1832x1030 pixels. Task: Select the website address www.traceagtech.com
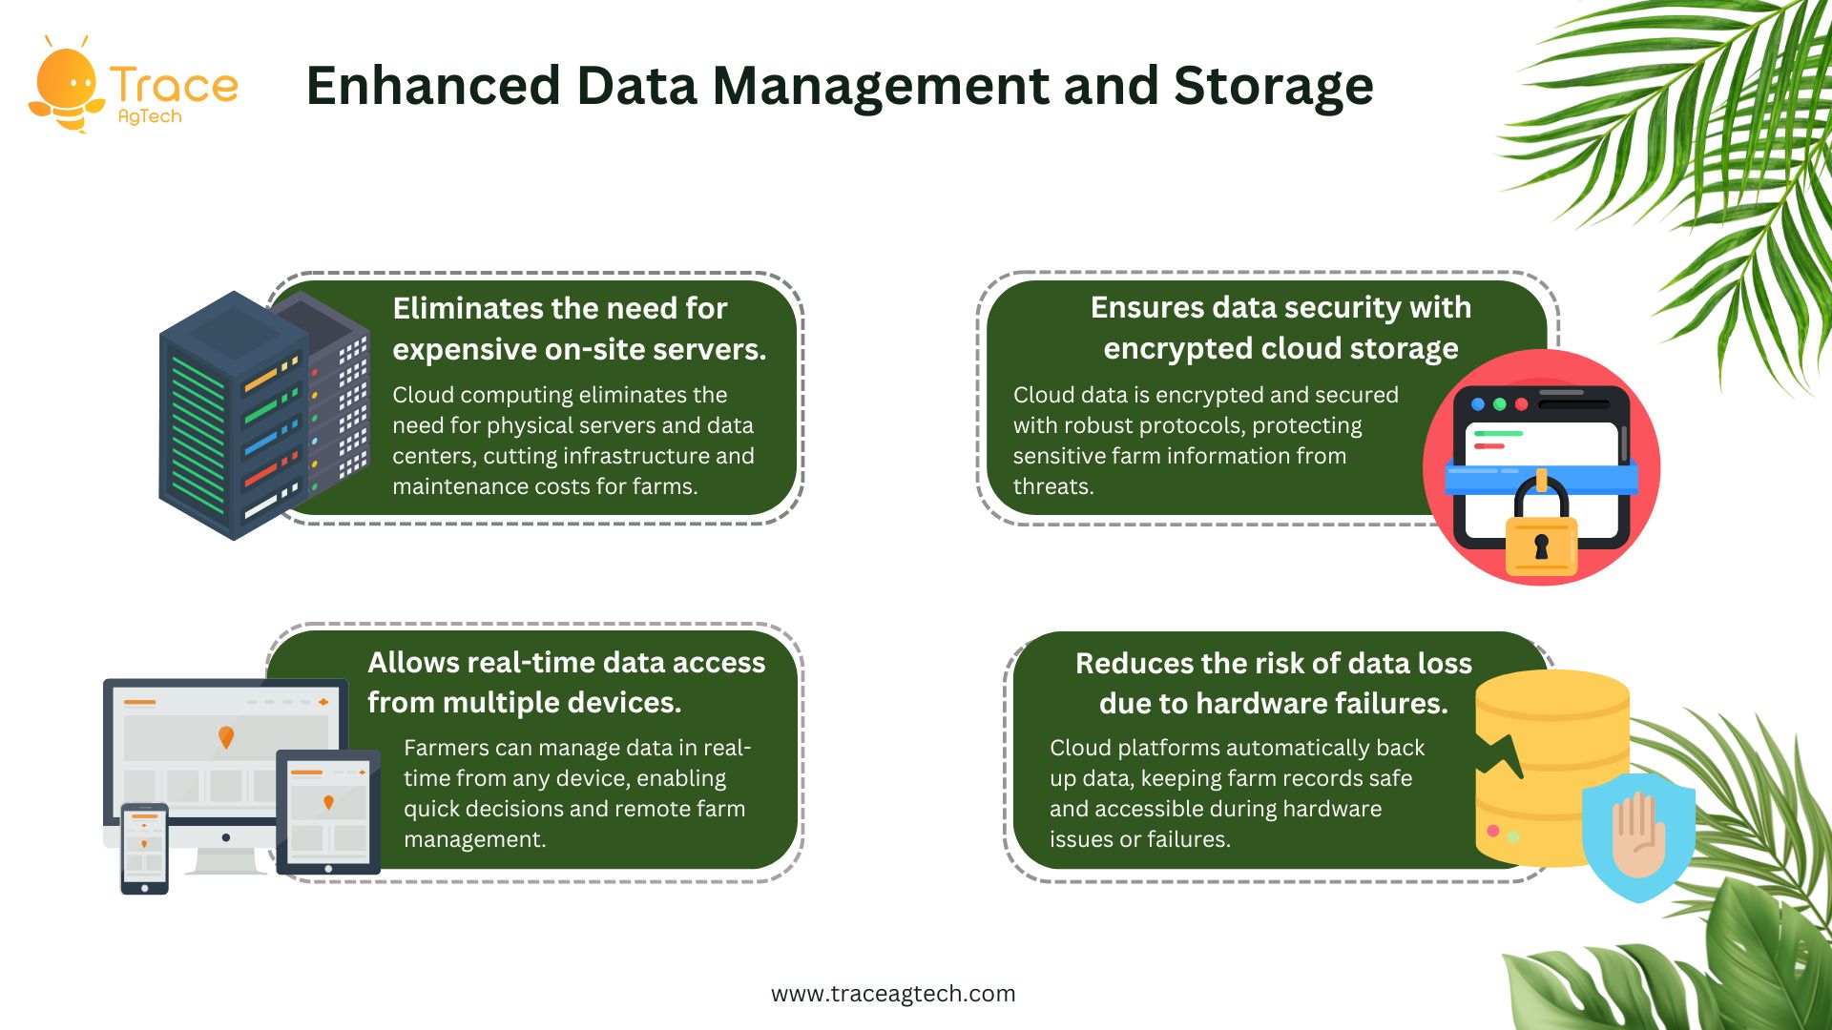coord(893,994)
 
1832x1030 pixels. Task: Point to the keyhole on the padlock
coord(1541,546)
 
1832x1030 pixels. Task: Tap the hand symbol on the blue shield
coord(1638,834)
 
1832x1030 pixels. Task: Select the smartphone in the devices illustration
coord(144,849)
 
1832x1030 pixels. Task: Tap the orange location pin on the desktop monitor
coord(226,737)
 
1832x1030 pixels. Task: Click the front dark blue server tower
coord(235,416)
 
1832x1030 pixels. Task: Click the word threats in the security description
coord(1053,486)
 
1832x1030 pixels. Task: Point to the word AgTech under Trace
coord(150,116)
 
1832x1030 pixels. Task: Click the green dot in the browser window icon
coord(1500,404)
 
